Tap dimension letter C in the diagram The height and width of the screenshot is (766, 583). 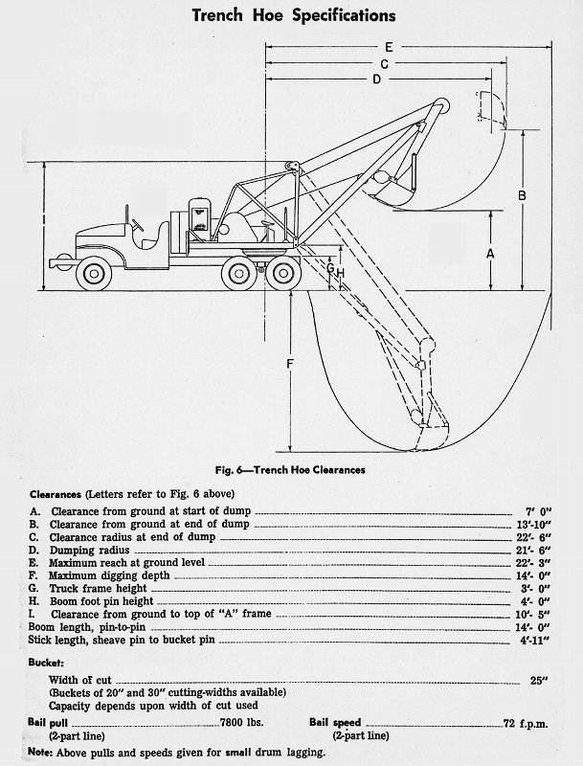383,63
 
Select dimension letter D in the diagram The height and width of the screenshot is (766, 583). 376,79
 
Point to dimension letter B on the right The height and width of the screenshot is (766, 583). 522,195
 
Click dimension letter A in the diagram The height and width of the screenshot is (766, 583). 489,254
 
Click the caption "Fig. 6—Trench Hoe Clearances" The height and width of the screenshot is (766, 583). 291,469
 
